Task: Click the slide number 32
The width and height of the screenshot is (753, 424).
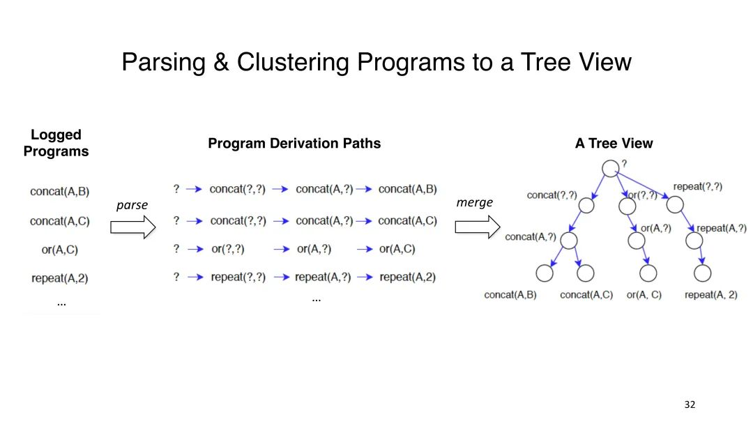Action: coord(690,404)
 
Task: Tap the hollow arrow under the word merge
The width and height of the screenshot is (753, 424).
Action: coord(478,227)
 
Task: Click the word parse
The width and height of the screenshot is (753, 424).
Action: coord(132,205)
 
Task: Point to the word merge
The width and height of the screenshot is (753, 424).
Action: coord(474,202)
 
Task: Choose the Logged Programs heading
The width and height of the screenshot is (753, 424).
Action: coord(56,143)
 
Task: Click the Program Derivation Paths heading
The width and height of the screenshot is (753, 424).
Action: coord(294,144)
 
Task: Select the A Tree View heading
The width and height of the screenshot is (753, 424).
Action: coord(614,144)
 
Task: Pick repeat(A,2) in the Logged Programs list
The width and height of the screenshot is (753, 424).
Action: coord(59,278)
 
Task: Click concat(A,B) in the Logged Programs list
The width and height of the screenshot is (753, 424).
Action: coord(59,191)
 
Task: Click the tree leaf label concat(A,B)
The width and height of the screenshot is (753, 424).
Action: coord(510,295)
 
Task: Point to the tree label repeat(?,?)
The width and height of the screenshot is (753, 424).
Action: coord(697,187)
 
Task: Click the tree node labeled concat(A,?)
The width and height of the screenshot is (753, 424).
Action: coord(569,241)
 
